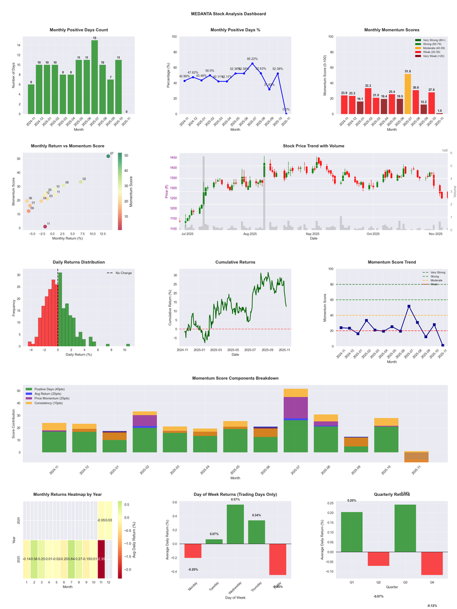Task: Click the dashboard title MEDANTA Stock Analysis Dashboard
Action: click(x=228, y=14)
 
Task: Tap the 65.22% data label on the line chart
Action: click(x=252, y=58)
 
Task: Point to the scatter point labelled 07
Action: click(x=108, y=156)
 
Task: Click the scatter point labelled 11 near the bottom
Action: click(x=45, y=227)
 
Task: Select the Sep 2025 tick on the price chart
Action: click(x=312, y=234)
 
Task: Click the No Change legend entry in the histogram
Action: click(x=123, y=273)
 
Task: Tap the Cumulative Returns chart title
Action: click(x=235, y=262)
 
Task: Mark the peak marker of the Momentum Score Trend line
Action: click(x=409, y=306)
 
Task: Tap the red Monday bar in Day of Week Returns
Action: click(x=193, y=551)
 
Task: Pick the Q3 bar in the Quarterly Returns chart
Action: click(x=404, y=524)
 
